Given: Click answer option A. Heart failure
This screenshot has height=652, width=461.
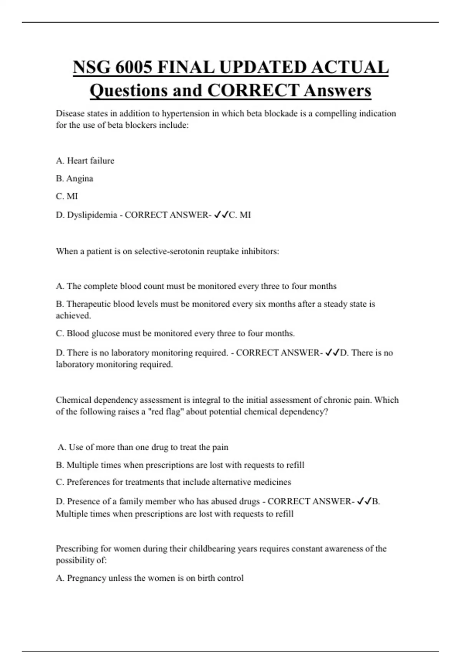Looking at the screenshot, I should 85,161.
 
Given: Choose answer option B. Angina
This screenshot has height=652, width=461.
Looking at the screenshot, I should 75,179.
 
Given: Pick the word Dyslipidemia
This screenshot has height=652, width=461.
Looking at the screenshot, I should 92,215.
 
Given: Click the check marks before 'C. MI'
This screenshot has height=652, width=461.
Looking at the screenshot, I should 221,215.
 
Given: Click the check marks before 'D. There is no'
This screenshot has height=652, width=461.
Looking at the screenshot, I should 332,353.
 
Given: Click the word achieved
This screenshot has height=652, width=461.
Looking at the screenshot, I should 73,316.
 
